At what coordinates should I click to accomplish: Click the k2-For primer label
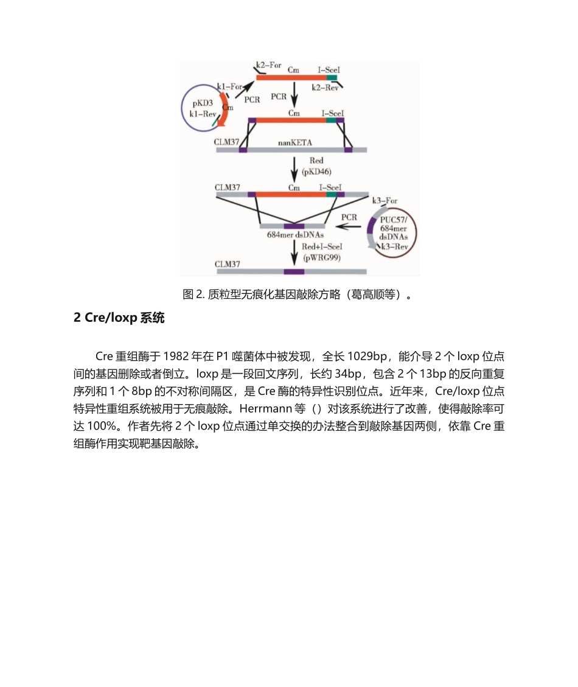(x=268, y=65)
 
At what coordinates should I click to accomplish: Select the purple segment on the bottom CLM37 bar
(x=294, y=271)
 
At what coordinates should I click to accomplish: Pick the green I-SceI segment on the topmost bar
(x=332, y=78)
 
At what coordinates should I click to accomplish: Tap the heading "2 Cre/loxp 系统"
(x=119, y=318)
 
